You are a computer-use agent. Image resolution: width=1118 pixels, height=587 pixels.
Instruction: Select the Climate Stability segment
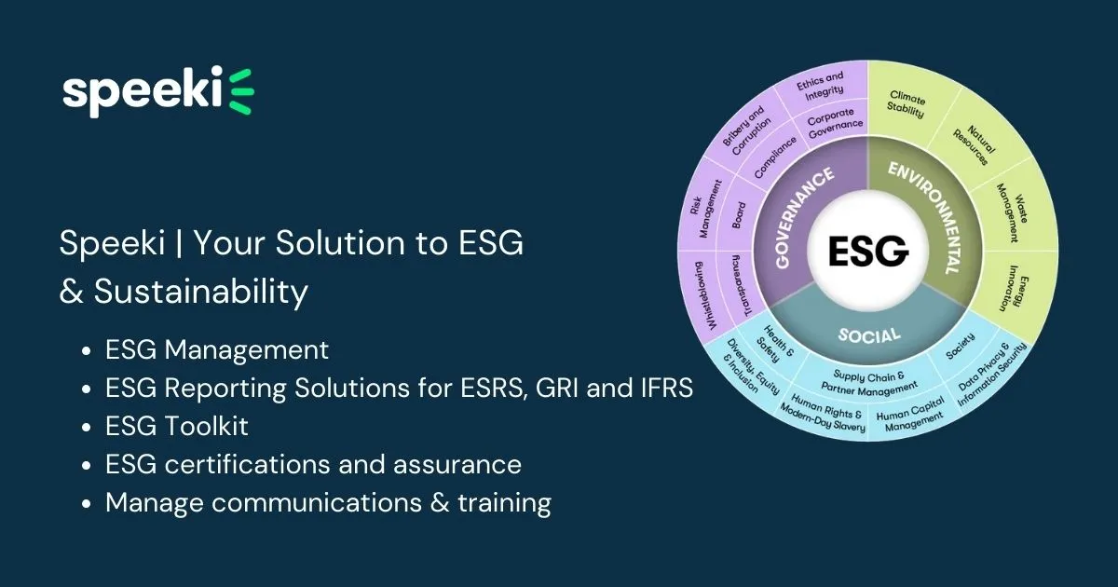[x=907, y=104]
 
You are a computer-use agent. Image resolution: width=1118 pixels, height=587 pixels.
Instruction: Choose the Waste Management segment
[x=1011, y=199]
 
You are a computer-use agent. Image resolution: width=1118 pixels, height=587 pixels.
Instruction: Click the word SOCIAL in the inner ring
[x=867, y=334]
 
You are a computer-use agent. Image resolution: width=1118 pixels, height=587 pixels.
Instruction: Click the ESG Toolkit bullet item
[x=176, y=426]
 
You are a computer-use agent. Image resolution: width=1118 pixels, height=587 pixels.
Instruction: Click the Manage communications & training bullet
[x=328, y=502]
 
